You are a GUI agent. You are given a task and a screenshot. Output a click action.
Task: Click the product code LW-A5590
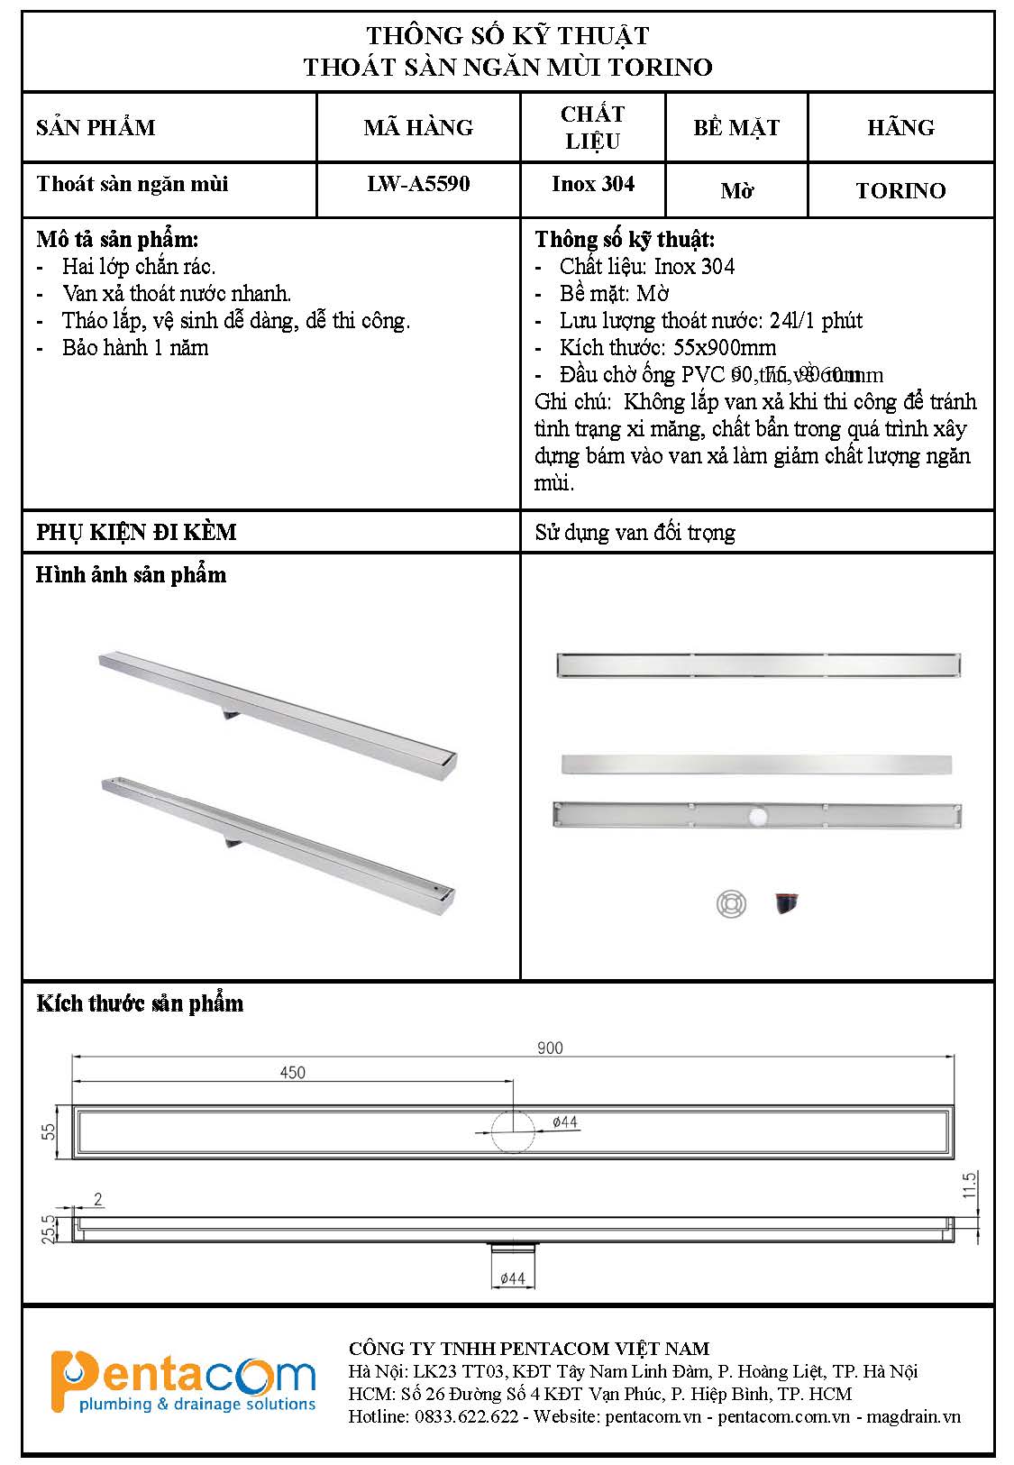[x=418, y=184]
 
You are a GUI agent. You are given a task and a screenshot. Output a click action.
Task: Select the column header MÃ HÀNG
[x=418, y=127]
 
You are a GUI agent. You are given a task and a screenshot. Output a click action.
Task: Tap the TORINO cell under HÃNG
[x=900, y=191]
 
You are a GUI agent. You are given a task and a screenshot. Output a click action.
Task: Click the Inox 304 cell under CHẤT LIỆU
[x=593, y=184]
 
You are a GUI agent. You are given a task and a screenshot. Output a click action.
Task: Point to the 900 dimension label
[x=550, y=1048]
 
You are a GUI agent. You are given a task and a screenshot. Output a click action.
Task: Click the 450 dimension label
[x=293, y=1073]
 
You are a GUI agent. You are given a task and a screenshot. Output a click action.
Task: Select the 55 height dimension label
[x=50, y=1131]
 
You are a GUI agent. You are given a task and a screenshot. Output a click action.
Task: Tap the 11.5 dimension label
[x=970, y=1185]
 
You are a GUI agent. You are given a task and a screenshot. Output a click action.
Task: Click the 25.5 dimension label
[x=50, y=1228]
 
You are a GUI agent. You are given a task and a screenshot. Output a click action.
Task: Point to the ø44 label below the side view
[x=512, y=1278]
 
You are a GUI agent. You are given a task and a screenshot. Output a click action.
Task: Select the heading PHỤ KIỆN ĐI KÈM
[x=136, y=532]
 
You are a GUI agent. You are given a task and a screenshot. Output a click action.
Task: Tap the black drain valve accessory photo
[x=786, y=902]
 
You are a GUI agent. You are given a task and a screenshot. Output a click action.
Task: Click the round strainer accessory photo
[x=731, y=903]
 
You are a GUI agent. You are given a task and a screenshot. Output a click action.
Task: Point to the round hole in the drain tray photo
[x=756, y=817]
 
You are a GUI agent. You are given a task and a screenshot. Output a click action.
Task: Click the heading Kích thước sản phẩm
[x=140, y=1003]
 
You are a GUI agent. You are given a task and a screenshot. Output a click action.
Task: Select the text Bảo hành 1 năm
[x=135, y=348]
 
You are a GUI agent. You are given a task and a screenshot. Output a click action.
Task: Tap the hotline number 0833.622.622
[x=467, y=1417]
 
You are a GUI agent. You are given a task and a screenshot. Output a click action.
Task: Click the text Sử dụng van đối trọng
[x=635, y=533]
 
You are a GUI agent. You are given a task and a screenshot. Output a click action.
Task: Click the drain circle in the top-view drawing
[x=513, y=1131]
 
